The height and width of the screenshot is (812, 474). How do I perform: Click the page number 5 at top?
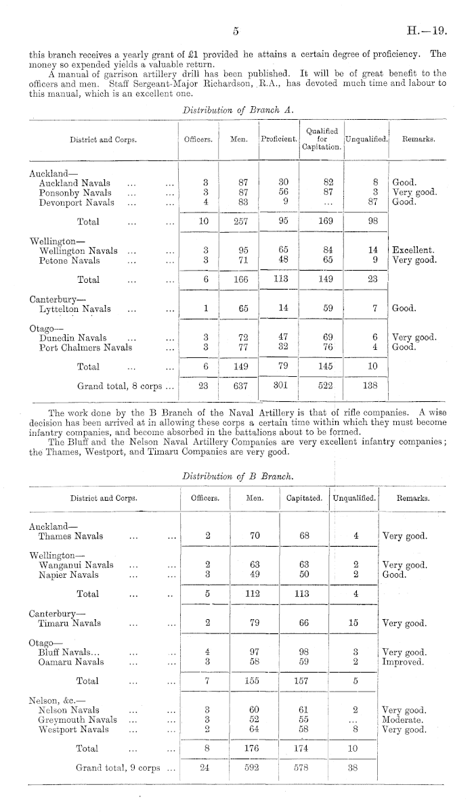point(236,31)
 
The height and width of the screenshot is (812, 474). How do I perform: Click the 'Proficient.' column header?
point(279,139)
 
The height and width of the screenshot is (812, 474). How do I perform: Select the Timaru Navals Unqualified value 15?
point(353,623)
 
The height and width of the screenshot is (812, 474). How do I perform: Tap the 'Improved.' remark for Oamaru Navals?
point(404,662)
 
